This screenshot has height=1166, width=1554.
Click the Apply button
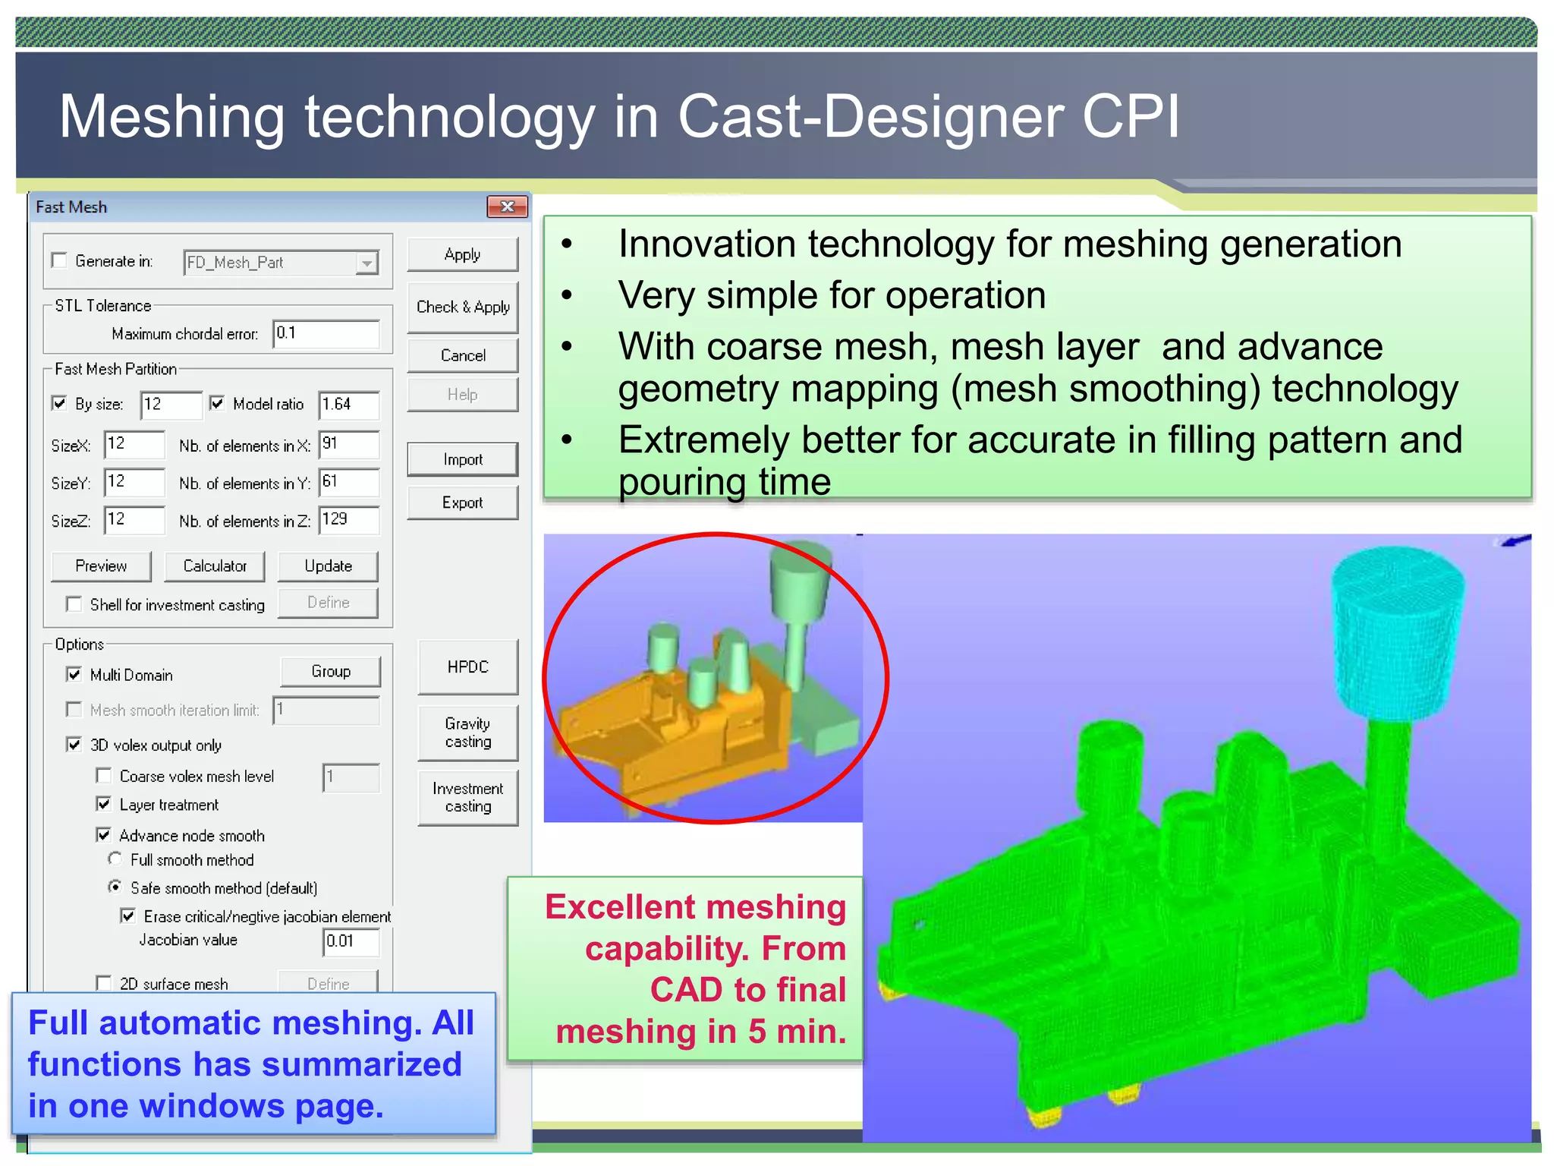(462, 254)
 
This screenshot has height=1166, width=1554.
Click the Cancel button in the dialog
(462, 355)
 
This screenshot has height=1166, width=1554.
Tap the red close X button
(507, 206)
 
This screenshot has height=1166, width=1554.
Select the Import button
(462, 459)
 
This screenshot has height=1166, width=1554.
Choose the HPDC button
(467, 667)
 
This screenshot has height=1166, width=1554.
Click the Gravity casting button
(467, 733)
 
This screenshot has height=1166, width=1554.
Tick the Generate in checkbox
(60, 260)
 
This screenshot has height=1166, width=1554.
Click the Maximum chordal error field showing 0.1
(326, 333)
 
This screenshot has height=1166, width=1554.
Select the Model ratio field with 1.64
(348, 404)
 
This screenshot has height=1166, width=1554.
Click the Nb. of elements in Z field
(348, 520)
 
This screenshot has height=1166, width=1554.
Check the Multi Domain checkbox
(74, 674)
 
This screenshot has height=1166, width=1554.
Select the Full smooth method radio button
(115, 859)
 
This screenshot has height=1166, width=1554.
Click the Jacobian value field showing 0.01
(350, 941)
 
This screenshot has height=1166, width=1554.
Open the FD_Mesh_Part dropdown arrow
(366, 263)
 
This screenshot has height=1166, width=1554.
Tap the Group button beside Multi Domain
(330, 671)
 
